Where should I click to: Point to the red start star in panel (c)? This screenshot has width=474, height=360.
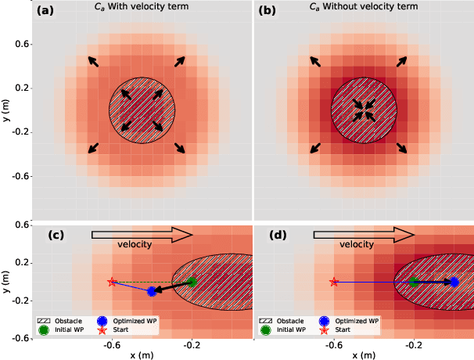click(x=112, y=282)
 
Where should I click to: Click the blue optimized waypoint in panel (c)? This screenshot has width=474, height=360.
click(x=152, y=291)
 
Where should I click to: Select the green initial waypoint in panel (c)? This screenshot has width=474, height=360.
click(x=191, y=282)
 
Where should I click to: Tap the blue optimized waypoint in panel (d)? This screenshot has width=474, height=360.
click(x=454, y=282)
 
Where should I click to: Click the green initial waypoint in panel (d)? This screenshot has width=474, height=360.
click(x=414, y=282)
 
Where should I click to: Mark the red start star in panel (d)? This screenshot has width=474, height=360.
click(x=335, y=282)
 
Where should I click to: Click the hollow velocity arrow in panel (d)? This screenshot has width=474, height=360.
click(x=364, y=233)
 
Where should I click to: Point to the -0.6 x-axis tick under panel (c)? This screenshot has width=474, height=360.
click(x=111, y=345)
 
